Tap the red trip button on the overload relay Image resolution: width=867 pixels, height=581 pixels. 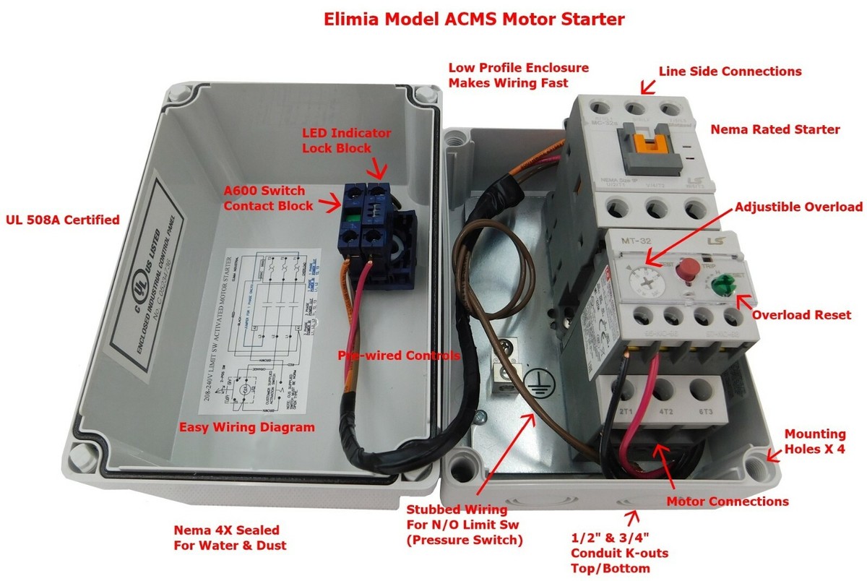689,267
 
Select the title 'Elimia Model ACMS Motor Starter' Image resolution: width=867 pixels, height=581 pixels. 433,20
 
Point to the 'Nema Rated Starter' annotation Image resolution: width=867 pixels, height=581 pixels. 775,130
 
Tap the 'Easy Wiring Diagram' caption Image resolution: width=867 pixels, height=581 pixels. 246,427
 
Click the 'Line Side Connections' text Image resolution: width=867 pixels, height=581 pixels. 730,72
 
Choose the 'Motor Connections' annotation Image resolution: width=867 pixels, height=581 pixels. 727,502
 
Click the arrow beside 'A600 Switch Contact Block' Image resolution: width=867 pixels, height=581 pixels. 331,205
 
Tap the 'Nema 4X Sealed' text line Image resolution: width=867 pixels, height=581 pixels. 226,530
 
